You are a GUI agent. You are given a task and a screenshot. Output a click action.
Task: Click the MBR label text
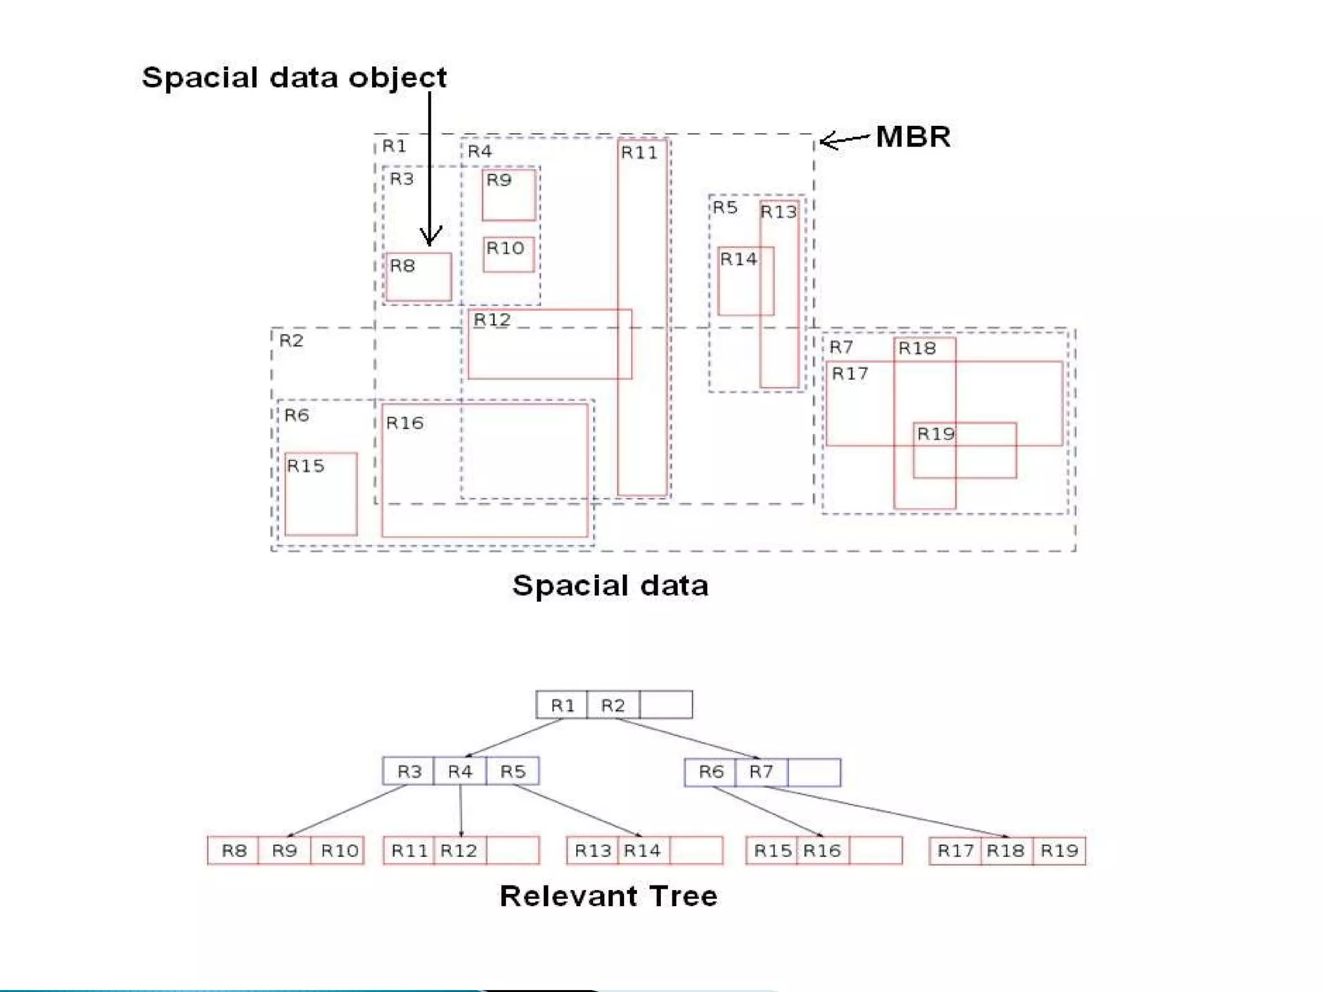click(913, 137)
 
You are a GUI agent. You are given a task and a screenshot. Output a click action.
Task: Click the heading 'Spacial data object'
click(294, 77)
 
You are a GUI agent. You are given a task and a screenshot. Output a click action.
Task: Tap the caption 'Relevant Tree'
click(608, 896)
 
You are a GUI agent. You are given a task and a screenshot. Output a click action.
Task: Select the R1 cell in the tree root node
click(562, 705)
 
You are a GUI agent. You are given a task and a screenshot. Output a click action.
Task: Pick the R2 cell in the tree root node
click(613, 705)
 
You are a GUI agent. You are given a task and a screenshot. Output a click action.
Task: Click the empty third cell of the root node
click(666, 705)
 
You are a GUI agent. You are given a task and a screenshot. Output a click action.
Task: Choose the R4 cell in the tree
click(460, 771)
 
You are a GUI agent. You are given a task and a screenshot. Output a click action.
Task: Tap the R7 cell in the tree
click(762, 772)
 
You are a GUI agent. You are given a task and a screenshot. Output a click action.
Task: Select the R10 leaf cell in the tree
click(339, 850)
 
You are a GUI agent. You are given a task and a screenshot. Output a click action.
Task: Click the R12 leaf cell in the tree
click(459, 850)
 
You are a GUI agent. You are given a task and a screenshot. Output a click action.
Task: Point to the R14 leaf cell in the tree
click(643, 850)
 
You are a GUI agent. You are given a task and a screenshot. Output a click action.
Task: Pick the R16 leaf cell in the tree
click(822, 850)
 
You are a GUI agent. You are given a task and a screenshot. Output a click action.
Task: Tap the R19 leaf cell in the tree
click(1059, 850)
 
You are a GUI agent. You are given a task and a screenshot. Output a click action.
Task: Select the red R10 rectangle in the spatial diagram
click(509, 254)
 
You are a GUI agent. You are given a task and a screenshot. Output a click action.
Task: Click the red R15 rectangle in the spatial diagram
click(321, 494)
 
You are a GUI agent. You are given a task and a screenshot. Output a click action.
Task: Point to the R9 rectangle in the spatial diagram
click(509, 194)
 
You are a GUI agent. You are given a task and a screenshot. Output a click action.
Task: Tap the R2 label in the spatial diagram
click(291, 340)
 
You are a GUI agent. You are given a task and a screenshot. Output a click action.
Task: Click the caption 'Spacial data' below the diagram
click(610, 585)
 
